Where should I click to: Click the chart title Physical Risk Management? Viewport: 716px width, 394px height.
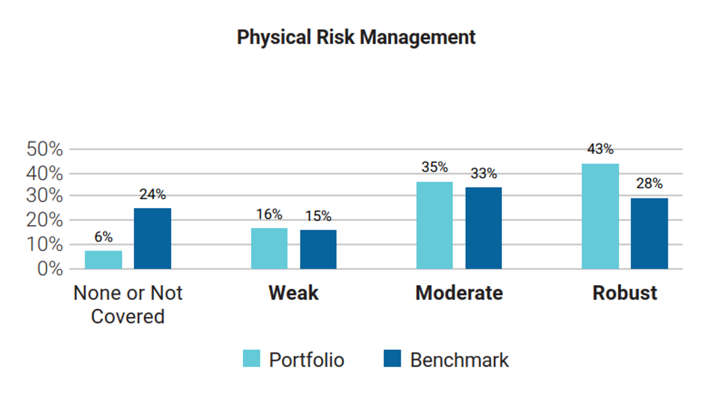356,37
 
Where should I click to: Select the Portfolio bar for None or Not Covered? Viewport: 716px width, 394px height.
103,260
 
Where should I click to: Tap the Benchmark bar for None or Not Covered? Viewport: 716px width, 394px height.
153,239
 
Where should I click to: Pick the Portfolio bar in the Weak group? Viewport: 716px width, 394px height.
269,249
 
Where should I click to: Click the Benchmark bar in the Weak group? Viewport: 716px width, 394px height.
318,249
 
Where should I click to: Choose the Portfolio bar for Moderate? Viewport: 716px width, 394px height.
435,225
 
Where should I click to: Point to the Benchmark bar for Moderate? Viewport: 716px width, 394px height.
484,228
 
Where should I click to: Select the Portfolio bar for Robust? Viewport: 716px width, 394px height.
600,216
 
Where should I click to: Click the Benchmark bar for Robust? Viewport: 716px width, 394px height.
649,234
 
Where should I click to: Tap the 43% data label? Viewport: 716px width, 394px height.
600,149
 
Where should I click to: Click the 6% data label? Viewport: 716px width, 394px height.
103,237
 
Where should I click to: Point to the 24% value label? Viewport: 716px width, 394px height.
153,194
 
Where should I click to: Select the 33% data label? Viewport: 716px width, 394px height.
484,173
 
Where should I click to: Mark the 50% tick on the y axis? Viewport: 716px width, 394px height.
45,149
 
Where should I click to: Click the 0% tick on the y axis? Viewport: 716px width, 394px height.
50,269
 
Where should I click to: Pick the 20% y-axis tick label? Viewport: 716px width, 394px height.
45,220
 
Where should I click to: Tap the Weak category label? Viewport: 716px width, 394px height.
293,293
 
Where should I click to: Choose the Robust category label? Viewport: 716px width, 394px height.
625,293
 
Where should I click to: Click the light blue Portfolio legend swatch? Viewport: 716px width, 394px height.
251,358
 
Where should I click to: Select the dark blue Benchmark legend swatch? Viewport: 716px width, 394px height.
392,358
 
